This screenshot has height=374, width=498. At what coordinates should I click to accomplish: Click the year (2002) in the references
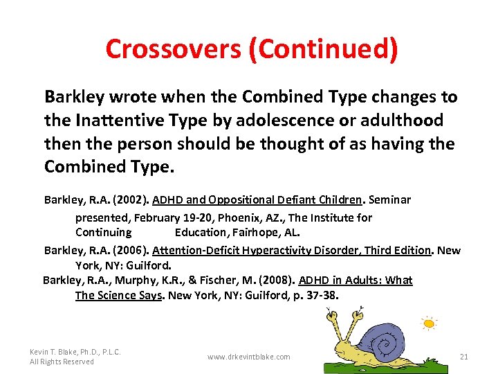point(129,200)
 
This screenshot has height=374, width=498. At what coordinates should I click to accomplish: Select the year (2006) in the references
point(129,251)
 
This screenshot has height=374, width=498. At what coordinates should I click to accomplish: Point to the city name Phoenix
point(237,217)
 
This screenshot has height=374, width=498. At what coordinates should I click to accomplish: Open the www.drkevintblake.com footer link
point(249,357)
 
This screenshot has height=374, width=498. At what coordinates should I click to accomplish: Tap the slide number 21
point(464,357)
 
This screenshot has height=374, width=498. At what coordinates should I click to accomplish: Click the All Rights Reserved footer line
point(62,362)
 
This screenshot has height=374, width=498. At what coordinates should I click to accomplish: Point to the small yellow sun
point(430,323)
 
